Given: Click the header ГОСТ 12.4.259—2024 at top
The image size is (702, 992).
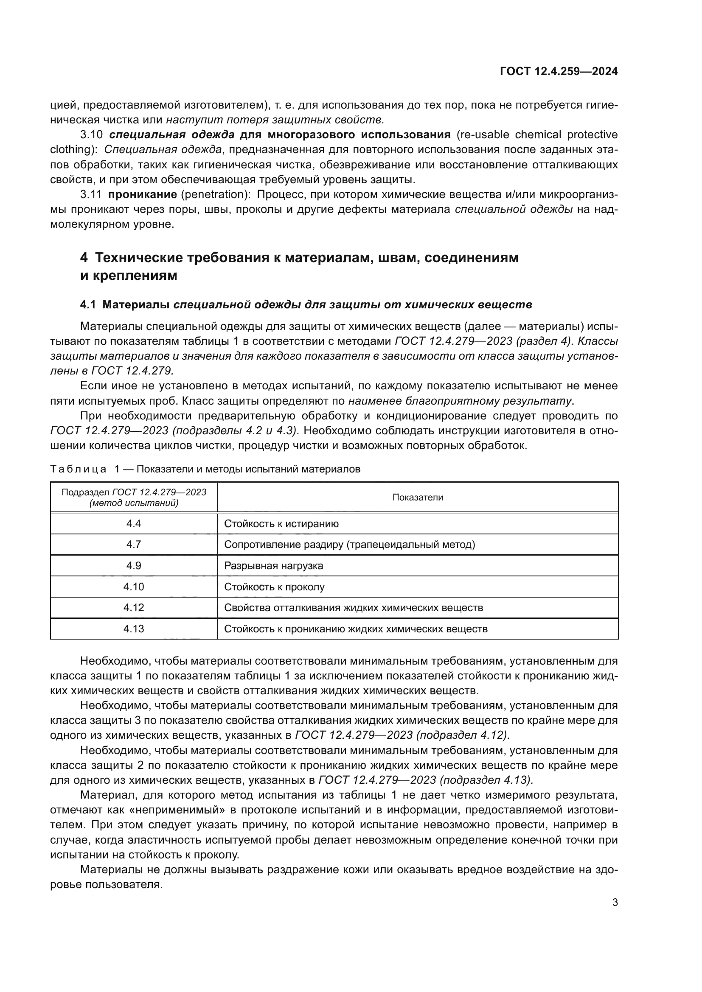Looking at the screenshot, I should pos(559,71).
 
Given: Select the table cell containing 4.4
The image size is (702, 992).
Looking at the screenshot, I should pos(134,524).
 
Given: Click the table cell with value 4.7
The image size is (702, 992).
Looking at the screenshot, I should pos(134,545).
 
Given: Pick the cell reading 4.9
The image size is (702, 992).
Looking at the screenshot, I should pos(134,566).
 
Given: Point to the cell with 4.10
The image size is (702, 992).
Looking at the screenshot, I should pos(134,587).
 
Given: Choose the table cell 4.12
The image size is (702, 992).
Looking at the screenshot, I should pos(134,607).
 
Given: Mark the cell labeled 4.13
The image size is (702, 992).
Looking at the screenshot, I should pos(134,629).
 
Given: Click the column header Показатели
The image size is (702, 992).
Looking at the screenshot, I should pos(418,497).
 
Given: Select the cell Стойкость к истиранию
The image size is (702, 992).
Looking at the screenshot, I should pos(281,524).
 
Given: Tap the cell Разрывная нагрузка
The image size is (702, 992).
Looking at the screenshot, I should pos(274,566).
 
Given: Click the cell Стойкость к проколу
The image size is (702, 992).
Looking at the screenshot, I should pos(275,587).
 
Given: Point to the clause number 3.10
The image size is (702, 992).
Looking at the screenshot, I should pos(92,135).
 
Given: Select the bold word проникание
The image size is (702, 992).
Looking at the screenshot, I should pos(142,194).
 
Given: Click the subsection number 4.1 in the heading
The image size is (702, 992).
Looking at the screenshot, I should pos(88,305).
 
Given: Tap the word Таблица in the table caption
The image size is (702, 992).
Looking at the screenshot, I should pos(78,469).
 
